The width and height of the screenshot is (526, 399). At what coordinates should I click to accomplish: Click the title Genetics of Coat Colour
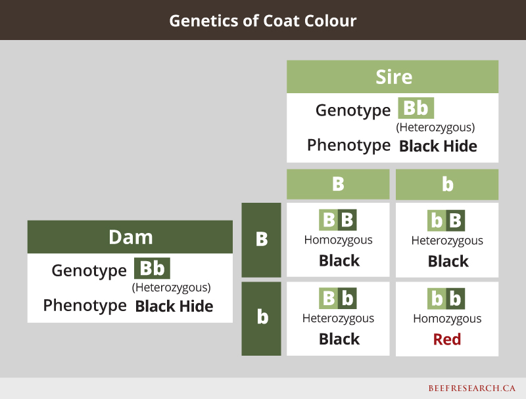(x=262, y=21)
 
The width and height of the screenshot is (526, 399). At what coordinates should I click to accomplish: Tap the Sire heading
(x=394, y=77)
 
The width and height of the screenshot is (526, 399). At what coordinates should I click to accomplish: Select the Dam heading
(x=130, y=238)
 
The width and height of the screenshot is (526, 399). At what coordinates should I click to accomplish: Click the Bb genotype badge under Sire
(x=416, y=108)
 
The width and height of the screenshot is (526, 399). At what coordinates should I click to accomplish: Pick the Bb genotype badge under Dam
(x=152, y=268)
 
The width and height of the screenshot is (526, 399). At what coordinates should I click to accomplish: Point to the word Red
(x=447, y=339)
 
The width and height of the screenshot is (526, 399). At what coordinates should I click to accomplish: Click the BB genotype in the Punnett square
(x=338, y=220)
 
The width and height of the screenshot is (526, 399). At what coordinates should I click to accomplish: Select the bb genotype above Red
(x=446, y=299)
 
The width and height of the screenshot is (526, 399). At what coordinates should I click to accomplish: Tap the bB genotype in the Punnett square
(x=446, y=220)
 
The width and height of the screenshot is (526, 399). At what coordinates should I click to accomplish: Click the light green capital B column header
(x=338, y=184)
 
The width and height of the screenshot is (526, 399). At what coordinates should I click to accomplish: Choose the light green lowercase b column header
(x=447, y=184)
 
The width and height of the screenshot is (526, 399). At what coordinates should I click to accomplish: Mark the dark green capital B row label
(x=261, y=240)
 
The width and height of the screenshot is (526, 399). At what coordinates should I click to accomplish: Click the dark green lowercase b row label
(x=261, y=318)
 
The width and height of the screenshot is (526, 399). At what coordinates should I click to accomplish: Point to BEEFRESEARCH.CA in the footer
(x=471, y=388)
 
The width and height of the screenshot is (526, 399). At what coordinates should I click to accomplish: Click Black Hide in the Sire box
(x=438, y=146)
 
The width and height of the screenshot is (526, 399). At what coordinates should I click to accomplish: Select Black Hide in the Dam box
(x=174, y=306)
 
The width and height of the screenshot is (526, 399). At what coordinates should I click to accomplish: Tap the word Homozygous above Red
(x=447, y=319)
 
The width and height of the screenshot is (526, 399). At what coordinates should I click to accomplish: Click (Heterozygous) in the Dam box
(x=172, y=287)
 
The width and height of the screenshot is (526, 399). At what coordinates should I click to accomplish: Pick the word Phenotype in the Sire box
(x=349, y=146)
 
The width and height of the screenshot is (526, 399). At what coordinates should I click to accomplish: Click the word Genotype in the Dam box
(x=89, y=271)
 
